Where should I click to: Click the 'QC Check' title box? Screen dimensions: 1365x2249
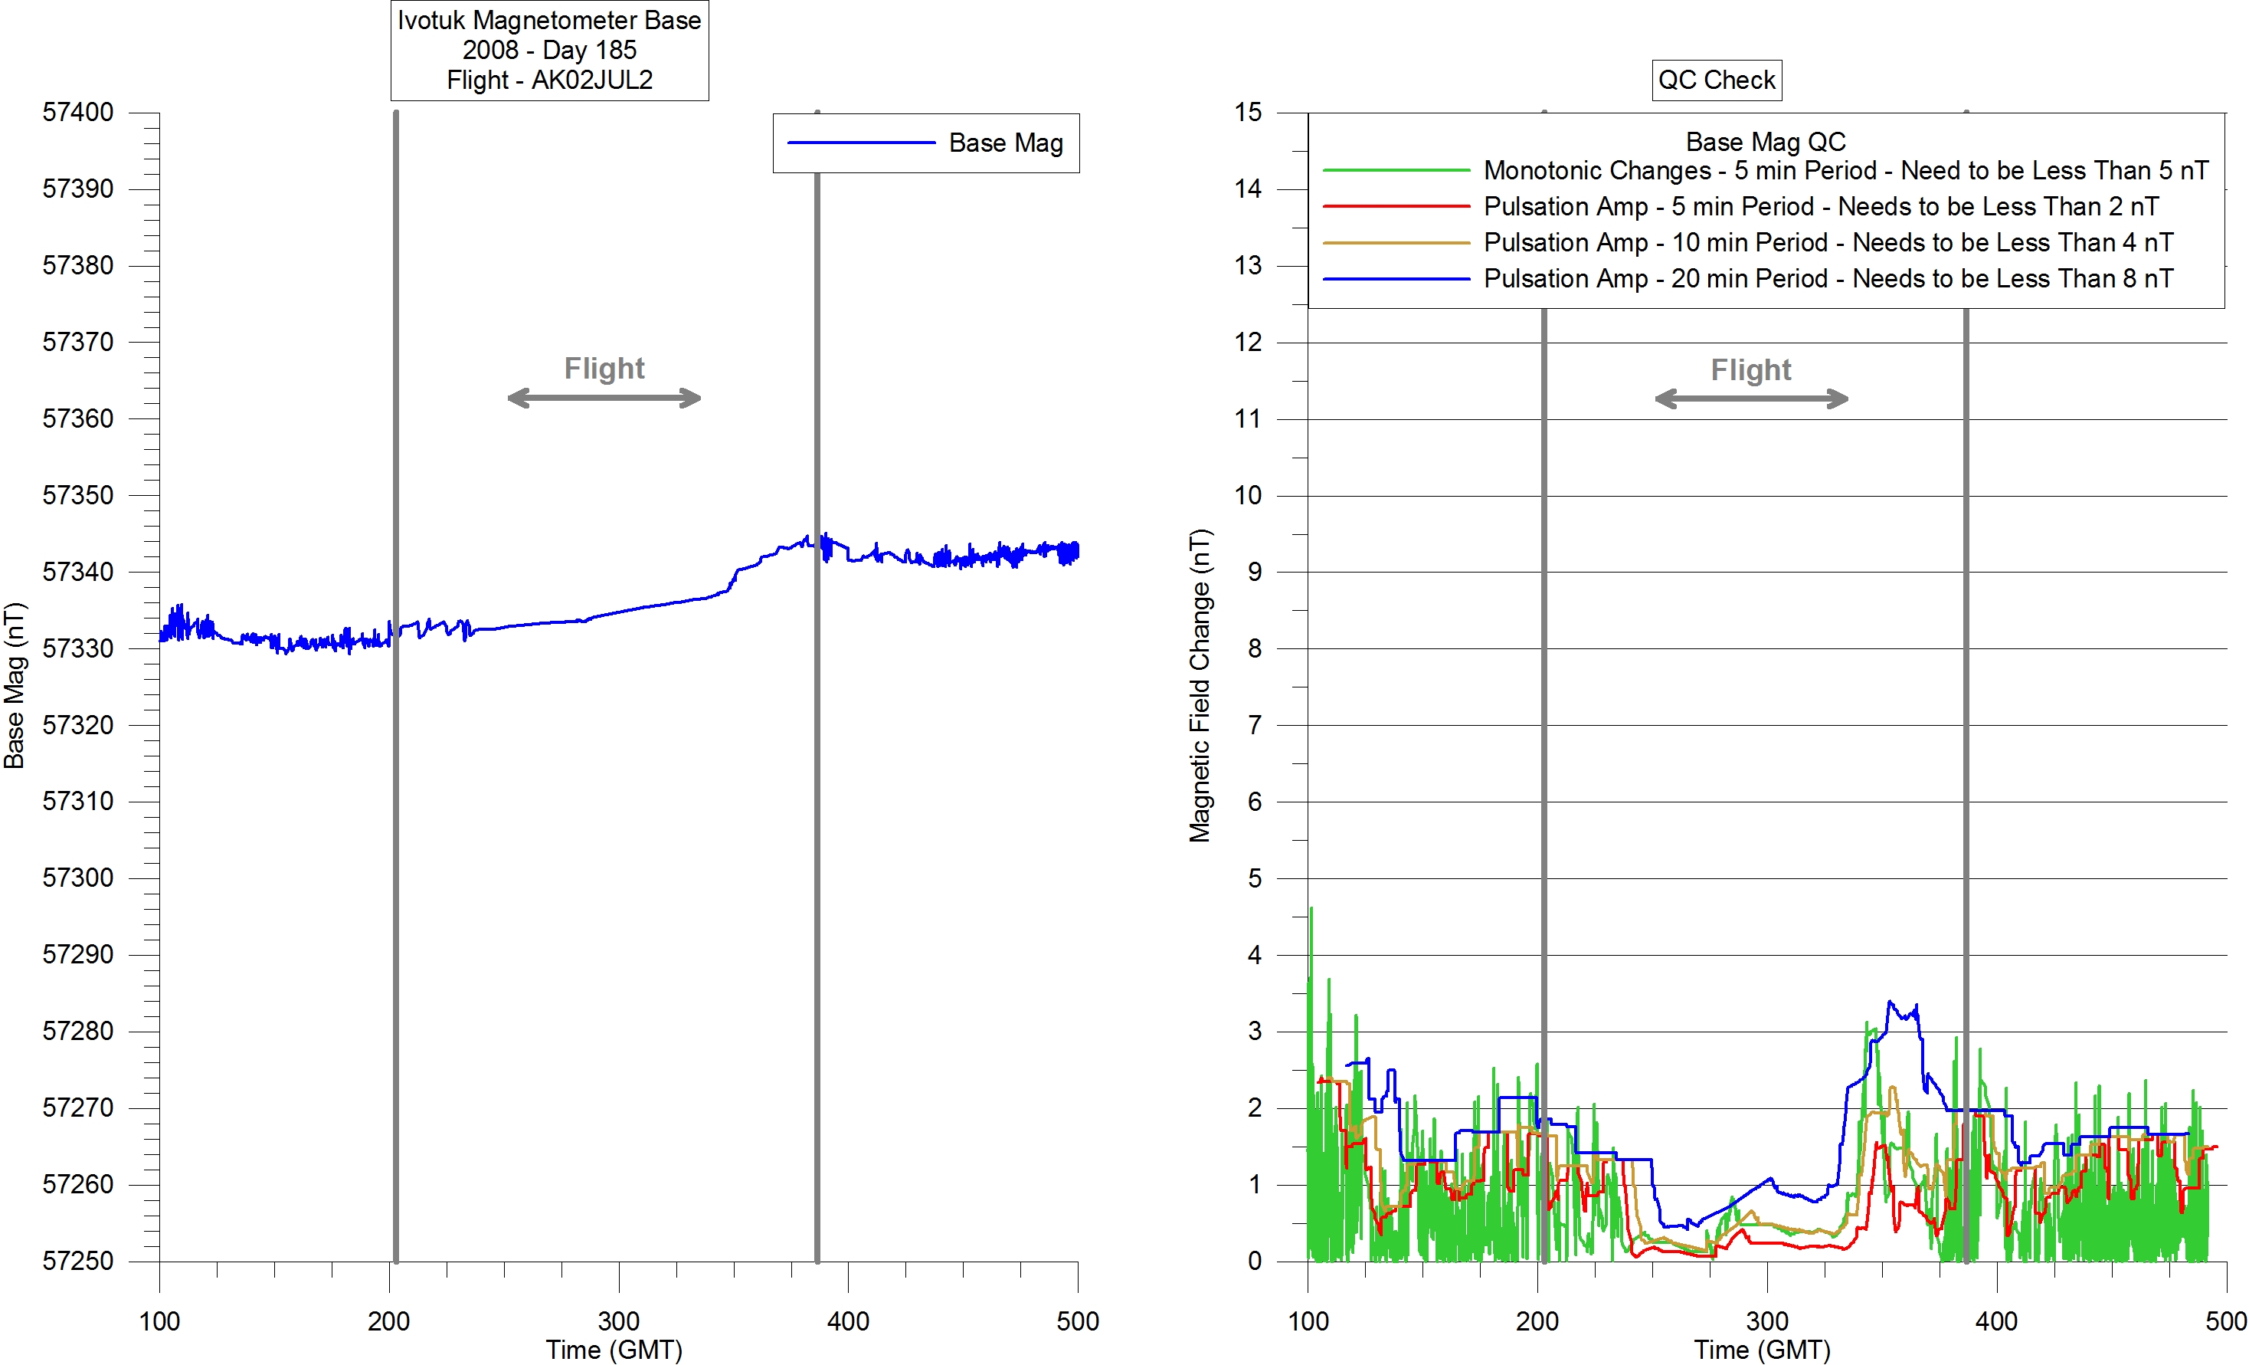(1716, 80)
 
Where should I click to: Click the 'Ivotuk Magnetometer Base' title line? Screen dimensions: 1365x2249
(549, 20)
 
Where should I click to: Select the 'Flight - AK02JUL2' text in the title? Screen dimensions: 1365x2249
(549, 80)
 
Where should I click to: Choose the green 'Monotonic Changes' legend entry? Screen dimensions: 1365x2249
(1845, 171)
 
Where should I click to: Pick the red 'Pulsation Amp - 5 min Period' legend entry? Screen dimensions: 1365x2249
(1820, 206)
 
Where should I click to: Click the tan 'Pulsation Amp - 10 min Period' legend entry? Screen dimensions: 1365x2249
(1828, 243)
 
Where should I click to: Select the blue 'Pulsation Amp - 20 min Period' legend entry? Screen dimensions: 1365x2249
(1828, 278)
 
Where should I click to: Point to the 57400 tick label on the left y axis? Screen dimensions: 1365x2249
(78, 113)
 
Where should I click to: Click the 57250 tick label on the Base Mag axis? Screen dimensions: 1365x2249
(78, 1261)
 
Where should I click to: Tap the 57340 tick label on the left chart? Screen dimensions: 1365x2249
(78, 572)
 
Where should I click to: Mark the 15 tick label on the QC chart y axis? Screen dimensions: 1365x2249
(1248, 113)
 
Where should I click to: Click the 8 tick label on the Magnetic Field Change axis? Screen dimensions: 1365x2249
(1255, 648)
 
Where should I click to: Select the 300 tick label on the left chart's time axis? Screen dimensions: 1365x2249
(619, 1321)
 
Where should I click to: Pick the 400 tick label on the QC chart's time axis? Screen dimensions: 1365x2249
(1996, 1321)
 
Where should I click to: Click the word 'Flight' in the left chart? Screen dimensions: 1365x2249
(604, 368)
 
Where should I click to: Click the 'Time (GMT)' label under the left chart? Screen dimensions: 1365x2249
(614, 1350)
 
